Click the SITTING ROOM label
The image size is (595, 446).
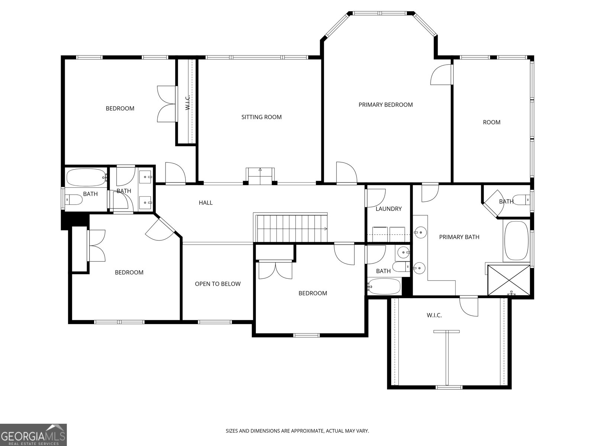point(261,117)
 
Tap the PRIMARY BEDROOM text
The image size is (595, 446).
point(386,105)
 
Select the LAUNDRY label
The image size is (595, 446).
point(389,209)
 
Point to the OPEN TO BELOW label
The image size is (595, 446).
point(218,284)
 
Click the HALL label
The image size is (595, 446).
point(206,203)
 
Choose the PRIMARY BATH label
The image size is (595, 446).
point(459,237)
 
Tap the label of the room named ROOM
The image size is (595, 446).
point(492,122)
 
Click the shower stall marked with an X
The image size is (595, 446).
point(508,280)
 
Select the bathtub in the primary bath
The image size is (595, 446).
point(517,241)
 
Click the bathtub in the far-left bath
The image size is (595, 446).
point(87,178)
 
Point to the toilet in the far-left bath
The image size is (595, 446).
point(74,200)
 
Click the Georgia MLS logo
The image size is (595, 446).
point(33,434)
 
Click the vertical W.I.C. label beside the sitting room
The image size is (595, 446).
point(187,103)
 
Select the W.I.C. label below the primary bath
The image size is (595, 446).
point(434,315)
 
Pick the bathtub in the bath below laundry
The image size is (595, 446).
point(384,287)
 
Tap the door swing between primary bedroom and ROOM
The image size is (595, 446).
point(441,74)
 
